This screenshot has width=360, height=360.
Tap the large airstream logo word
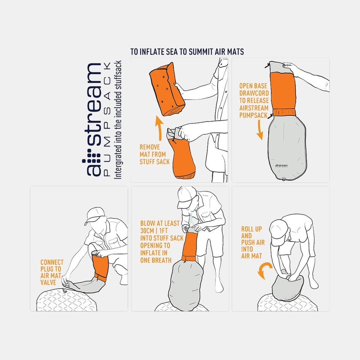92,120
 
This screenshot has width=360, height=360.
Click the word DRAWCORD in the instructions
254,93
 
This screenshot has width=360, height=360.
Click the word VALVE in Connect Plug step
48,282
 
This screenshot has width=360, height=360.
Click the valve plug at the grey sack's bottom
283,179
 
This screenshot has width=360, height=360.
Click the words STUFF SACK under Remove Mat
155,162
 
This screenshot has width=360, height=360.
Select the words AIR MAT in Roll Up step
251,256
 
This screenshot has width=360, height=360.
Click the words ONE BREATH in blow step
156,261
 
